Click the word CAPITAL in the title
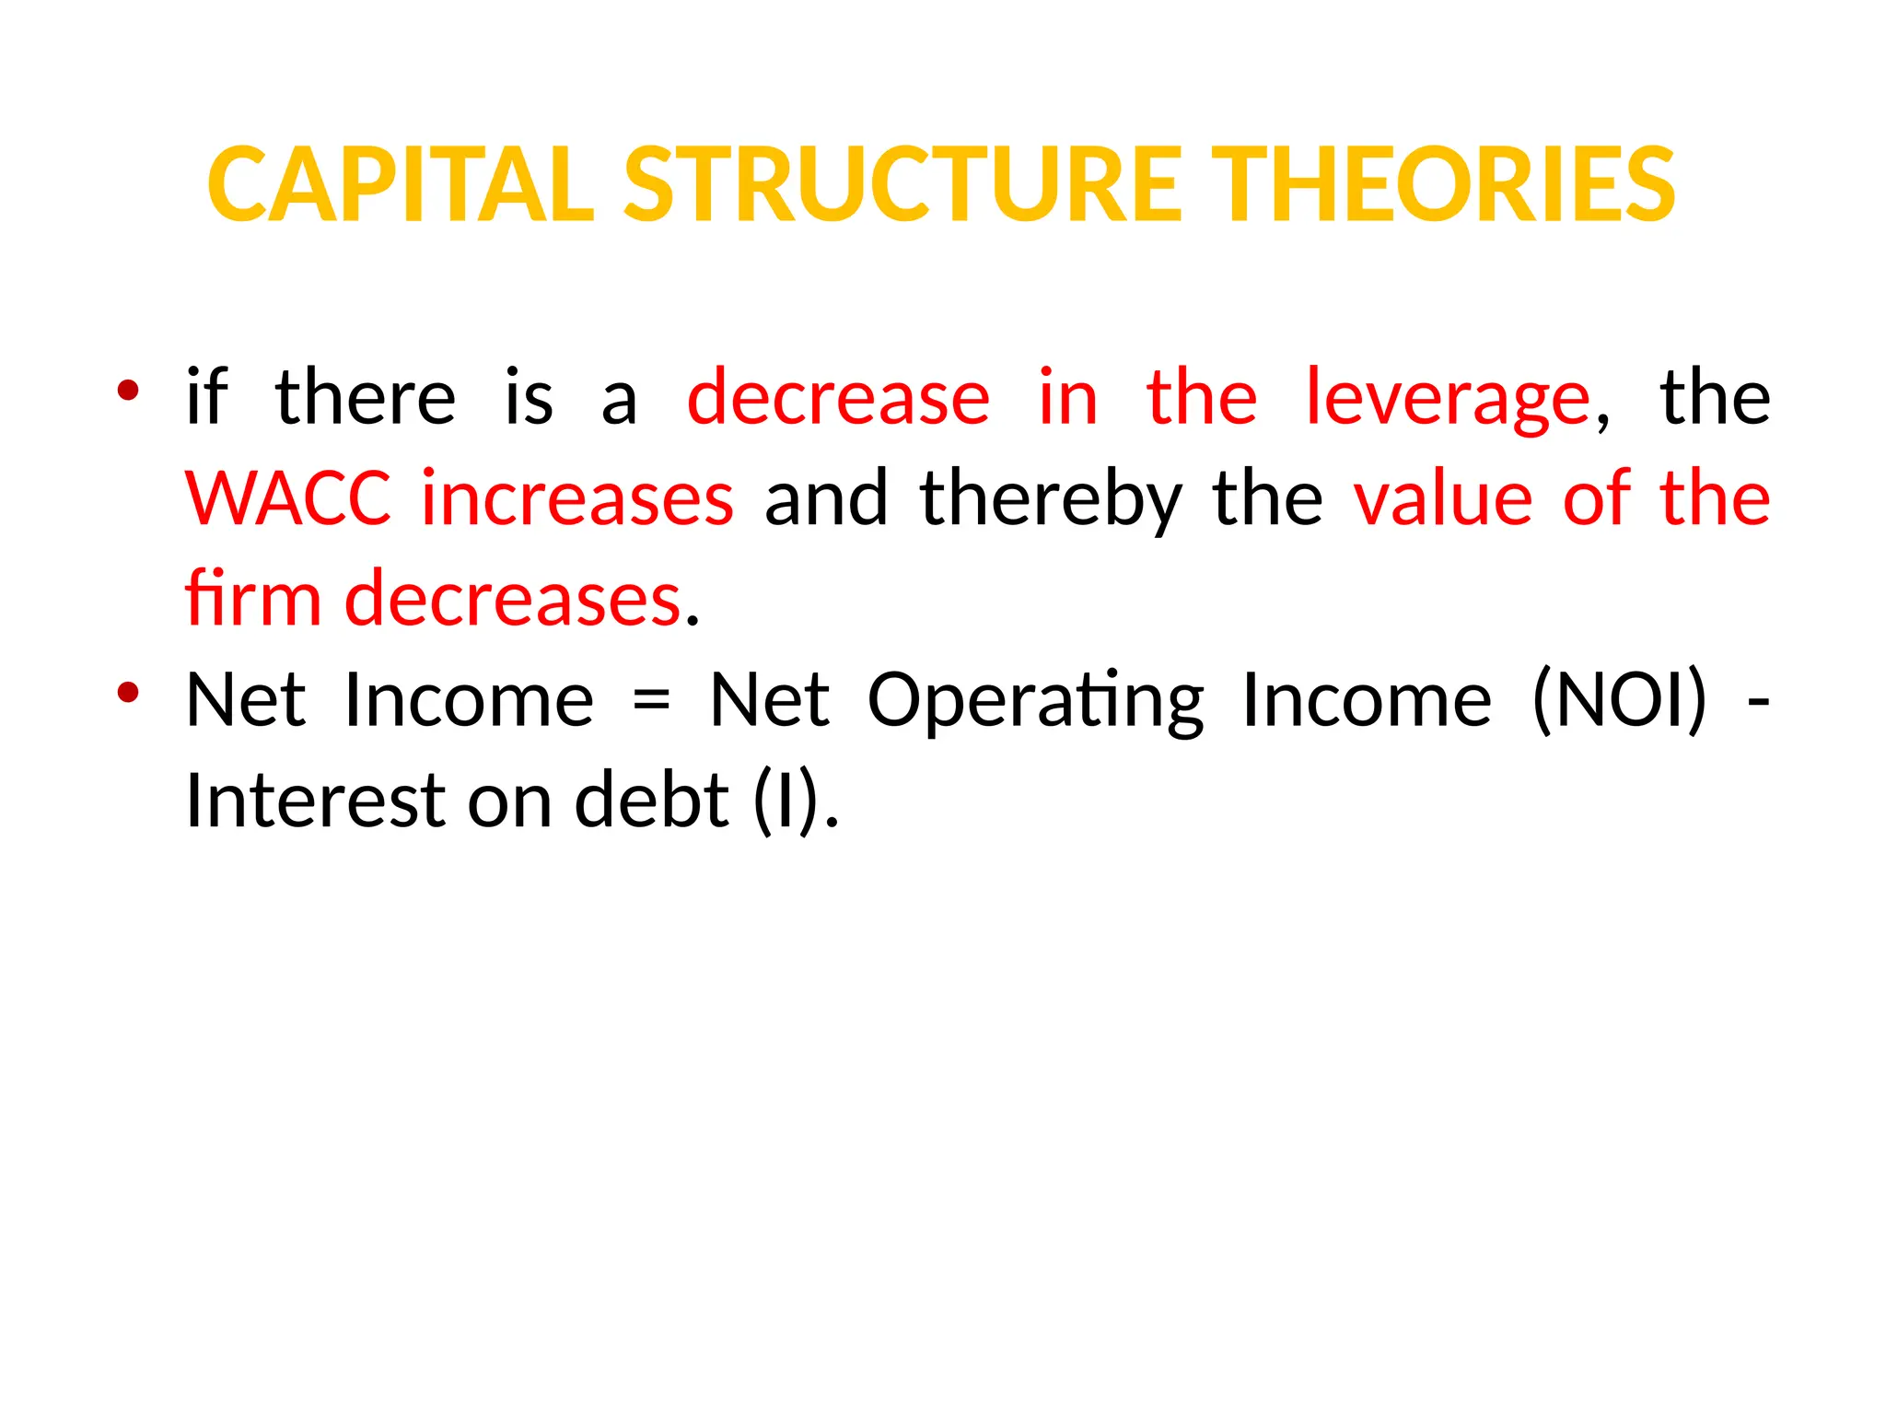click(x=402, y=185)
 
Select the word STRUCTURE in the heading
click(x=902, y=185)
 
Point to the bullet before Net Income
click(x=128, y=692)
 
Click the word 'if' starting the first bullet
click(x=206, y=397)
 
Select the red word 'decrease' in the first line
click(x=838, y=397)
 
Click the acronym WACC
click(x=287, y=498)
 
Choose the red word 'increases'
click(x=577, y=498)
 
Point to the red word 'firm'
click(x=253, y=599)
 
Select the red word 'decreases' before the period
click(x=513, y=599)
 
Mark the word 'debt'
click(x=652, y=801)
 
